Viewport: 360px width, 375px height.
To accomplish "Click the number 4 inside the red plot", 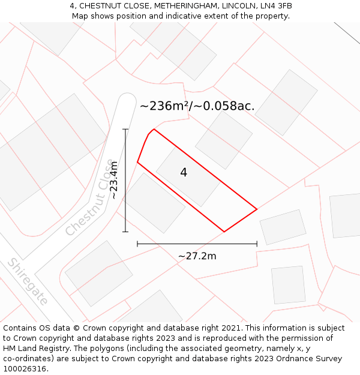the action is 184,173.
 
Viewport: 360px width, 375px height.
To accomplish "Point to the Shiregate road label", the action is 28,282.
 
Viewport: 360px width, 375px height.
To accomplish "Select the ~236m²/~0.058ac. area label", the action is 197,106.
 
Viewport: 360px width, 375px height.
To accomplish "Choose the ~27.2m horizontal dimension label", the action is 197,256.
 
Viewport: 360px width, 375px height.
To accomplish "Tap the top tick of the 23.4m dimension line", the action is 125,129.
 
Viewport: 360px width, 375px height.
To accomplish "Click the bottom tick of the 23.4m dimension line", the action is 125,232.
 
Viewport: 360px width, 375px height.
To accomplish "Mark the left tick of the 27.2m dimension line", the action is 137,244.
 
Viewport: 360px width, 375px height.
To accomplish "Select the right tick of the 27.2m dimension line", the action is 257,244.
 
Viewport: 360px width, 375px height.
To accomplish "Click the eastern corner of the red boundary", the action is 257,209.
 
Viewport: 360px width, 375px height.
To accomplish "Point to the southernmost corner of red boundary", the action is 224,232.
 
